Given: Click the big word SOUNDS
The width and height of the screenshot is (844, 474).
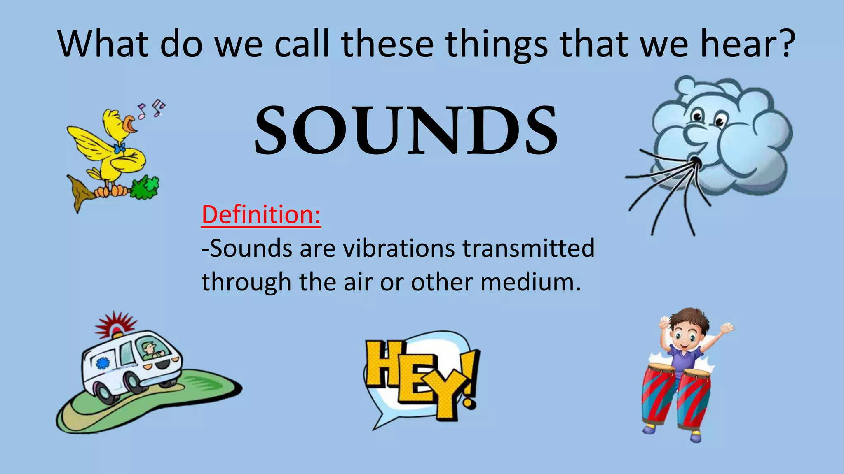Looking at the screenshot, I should pos(406,130).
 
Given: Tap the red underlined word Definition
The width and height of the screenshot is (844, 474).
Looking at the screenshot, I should pos(261,215).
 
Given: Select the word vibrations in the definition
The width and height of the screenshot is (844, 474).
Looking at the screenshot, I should pos(399,248).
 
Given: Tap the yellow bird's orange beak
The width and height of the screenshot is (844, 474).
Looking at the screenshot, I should pos(130,124).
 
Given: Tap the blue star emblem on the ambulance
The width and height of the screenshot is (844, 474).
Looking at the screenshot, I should pos(102,363).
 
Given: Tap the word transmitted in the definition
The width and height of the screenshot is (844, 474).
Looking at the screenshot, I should pos(529,248).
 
